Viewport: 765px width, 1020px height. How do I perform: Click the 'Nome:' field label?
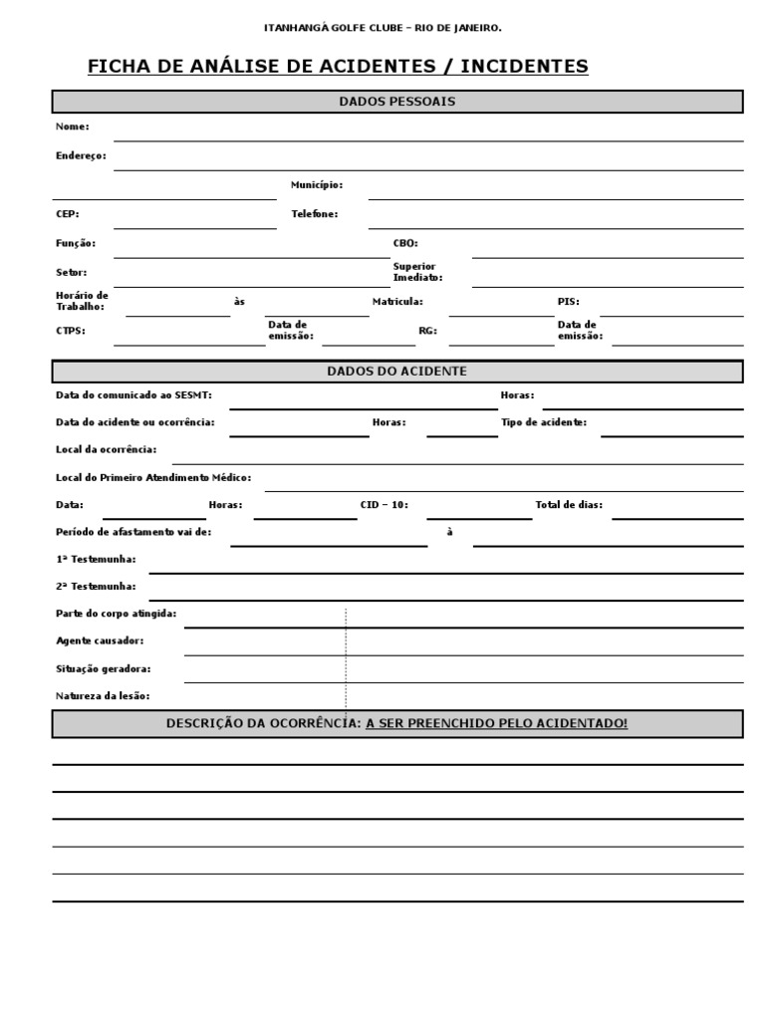click(x=73, y=127)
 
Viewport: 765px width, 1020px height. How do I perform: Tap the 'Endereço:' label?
click(x=81, y=155)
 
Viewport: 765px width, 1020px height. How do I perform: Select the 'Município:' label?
click(x=317, y=184)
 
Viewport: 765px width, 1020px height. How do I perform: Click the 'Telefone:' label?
click(x=315, y=213)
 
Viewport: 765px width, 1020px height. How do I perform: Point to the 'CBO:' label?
click(x=405, y=243)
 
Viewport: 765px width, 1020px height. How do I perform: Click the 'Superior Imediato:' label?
click(x=417, y=272)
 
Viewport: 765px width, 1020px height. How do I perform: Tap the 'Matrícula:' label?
click(x=397, y=301)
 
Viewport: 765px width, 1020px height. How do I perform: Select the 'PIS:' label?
click(x=568, y=301)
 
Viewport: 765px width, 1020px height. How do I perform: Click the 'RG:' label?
click(x=427, y=331)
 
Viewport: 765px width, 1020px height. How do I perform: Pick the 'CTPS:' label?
click(x=71, y=331)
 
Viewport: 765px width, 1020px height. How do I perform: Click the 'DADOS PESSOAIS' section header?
click(x=397, y=102)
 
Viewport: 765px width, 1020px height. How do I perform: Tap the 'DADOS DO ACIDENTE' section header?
click(x=397, y=372)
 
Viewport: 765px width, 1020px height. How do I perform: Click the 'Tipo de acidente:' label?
click(x=544, y=422)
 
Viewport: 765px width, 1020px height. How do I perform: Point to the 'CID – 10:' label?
click(x=383, y=505)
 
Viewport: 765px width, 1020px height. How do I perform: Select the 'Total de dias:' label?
click(x=569, y=505)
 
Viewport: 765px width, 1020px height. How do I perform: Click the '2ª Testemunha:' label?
click(x=97, y=586)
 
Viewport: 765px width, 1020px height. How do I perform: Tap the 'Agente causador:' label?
click(x=100, y=640)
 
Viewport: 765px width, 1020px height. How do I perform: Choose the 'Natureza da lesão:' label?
click(x=104, y=696)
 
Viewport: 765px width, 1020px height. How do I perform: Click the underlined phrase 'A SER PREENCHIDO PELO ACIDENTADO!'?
click(x=497, y=723)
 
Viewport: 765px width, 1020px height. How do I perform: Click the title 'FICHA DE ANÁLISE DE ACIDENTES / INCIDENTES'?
click(x=338, y=67)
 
